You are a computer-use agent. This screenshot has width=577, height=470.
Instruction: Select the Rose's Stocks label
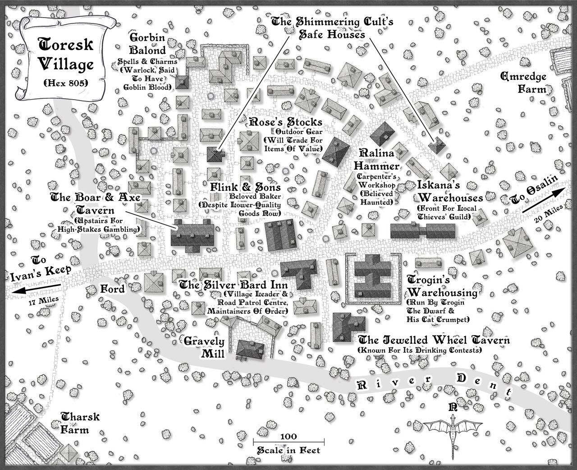click(286, 122)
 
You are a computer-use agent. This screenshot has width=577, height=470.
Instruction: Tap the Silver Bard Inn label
click(233, 285)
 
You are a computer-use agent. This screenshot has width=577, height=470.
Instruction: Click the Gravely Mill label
click(204, 347)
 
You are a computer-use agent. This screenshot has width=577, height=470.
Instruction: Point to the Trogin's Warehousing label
click(441, 286)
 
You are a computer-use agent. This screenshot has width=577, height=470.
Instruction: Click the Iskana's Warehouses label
click(450, 192)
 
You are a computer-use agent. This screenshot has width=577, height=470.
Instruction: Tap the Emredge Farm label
click(524, 83)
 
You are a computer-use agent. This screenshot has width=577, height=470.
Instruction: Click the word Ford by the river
click(112, 288)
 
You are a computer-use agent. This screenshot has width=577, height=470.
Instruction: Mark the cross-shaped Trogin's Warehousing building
click(372, 277)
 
